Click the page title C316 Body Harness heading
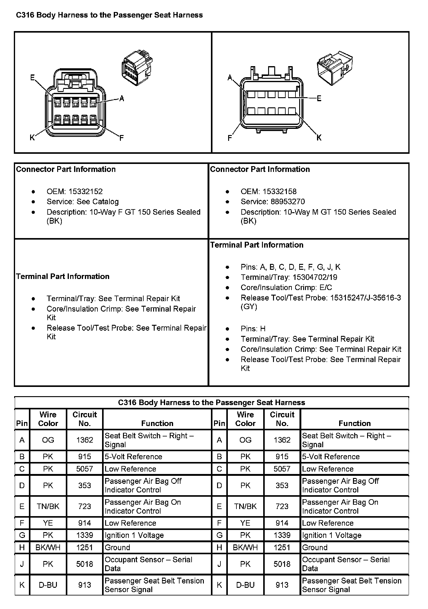(109, 15)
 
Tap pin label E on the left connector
(32, 78)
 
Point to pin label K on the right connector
(319, 137)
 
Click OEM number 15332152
(85, 192)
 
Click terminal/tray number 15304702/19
(315, 277)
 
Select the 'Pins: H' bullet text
(253, 329)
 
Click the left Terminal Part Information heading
(63, 277)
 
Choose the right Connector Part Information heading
(260, 169)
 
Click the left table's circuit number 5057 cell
(85, 469)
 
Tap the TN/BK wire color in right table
(245, 506)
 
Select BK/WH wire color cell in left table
(48, 547)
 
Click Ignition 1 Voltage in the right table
(332, 535)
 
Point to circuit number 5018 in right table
(282, 564)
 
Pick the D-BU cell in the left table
(48, 585)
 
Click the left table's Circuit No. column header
(85, 419)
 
